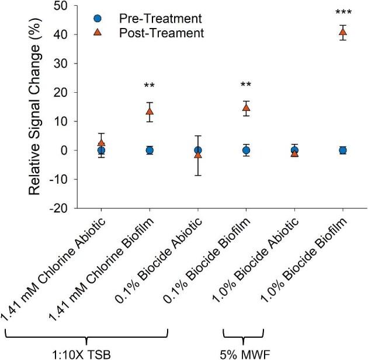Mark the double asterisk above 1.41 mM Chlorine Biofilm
(x=150, y=86)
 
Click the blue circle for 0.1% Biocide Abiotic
(x=198, y=150)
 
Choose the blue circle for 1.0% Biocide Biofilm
(x=343, y=150)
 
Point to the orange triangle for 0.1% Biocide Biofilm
(x=247, y=108)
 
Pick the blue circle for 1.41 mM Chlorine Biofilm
(x=150, y=150)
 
